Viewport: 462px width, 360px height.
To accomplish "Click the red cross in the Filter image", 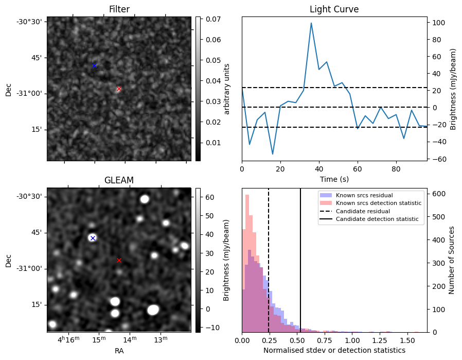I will coord(119,89).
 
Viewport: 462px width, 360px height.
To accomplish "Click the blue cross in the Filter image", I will coord(94,65).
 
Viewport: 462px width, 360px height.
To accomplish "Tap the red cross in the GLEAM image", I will coord(119,260).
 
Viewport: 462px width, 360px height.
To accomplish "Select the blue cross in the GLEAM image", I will coord(93,238).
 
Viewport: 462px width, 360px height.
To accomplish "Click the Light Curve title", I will coord(334,9).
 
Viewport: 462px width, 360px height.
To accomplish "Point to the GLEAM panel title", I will coord(119,180).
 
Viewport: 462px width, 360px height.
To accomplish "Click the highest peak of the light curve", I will coord(311,23).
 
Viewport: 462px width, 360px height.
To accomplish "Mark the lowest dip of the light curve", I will coord(273,154).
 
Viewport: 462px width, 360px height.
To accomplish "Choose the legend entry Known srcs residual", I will coord(364,195).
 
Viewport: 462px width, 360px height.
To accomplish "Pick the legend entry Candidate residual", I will coord(363,211).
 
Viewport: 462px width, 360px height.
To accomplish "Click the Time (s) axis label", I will coord(334,178).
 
